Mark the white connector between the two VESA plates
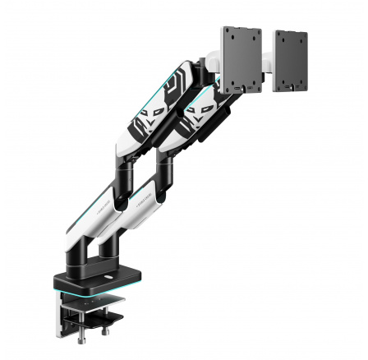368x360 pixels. [267, 62]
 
